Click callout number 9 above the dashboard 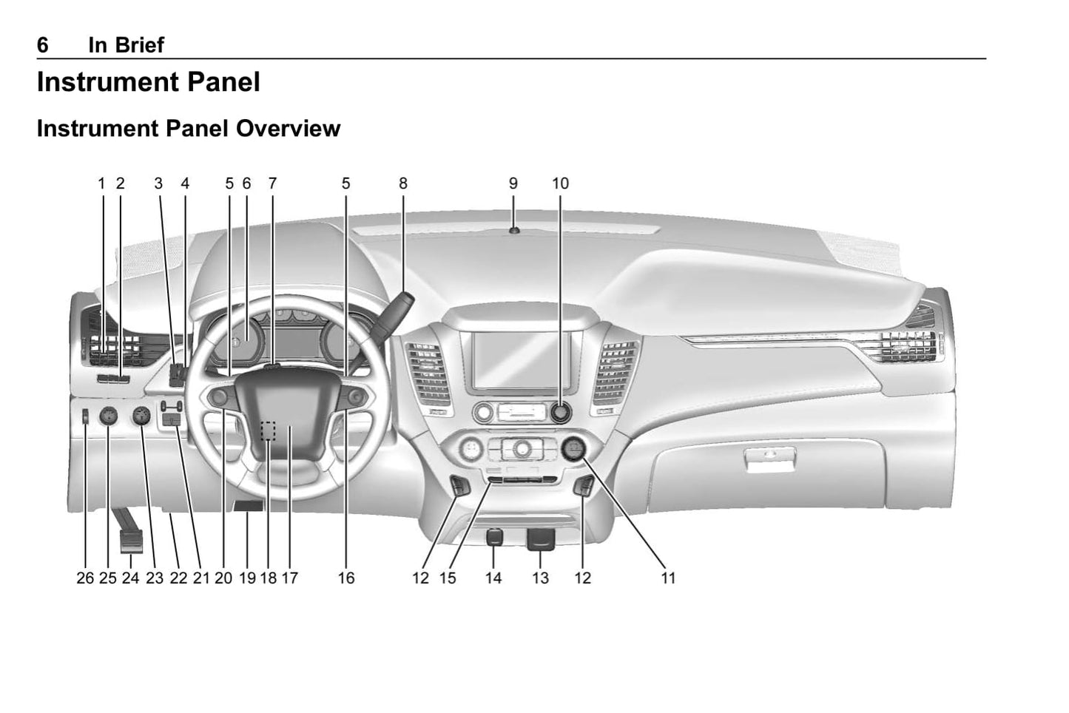(513, 183)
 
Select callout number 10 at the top (560, 183)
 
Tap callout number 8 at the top (403, 183)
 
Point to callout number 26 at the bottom (85, 578)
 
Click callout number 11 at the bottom (668, 578)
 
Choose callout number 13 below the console (541, 578)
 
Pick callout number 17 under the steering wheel (289, 578)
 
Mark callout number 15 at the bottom (448, 578)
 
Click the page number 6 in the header (43, 45)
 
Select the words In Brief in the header (126, 45)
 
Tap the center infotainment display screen (522, 359)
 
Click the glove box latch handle (769, 460)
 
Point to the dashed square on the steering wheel (268, 430)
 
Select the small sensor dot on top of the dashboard (513, 231)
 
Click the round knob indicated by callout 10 (560, 412)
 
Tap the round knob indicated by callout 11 (573, 448)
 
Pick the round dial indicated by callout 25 (108, 417)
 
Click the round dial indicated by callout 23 (140, 417)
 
